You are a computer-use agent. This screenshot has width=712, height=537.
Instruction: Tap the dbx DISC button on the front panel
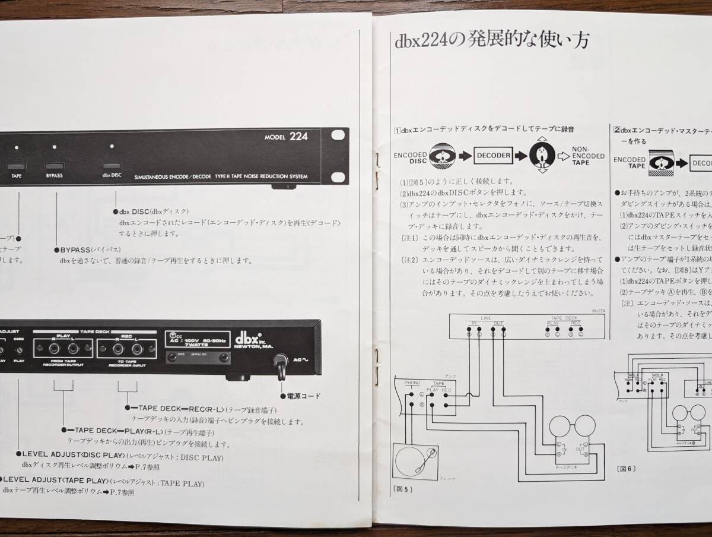click(x=111, y=167)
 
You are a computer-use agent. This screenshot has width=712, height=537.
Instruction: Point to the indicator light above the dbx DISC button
click(x=111, y=146)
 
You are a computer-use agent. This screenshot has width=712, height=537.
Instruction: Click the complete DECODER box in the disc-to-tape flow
click(x=493, y=156)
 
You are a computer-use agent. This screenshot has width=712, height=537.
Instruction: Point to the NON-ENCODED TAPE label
click(x=588, y=156)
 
